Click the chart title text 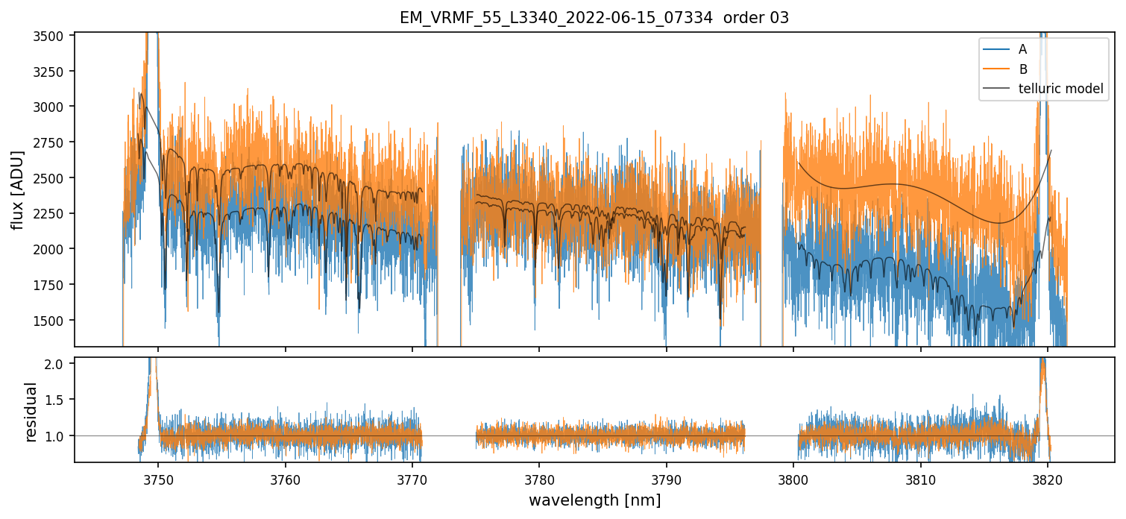(594, 18)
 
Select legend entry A (1023, 49)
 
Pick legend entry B (1023, 69)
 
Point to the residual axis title (31, 412)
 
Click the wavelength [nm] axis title (594, 500)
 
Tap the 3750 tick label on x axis (158, 478)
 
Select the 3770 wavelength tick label (412, 478)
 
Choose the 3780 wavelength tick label (539, 478)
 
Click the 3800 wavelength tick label (793, 478)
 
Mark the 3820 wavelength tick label (1047, 478)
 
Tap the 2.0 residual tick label (59, 364)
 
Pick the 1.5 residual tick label (59, 400)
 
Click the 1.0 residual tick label (59, 435)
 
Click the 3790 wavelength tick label (666, 478)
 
